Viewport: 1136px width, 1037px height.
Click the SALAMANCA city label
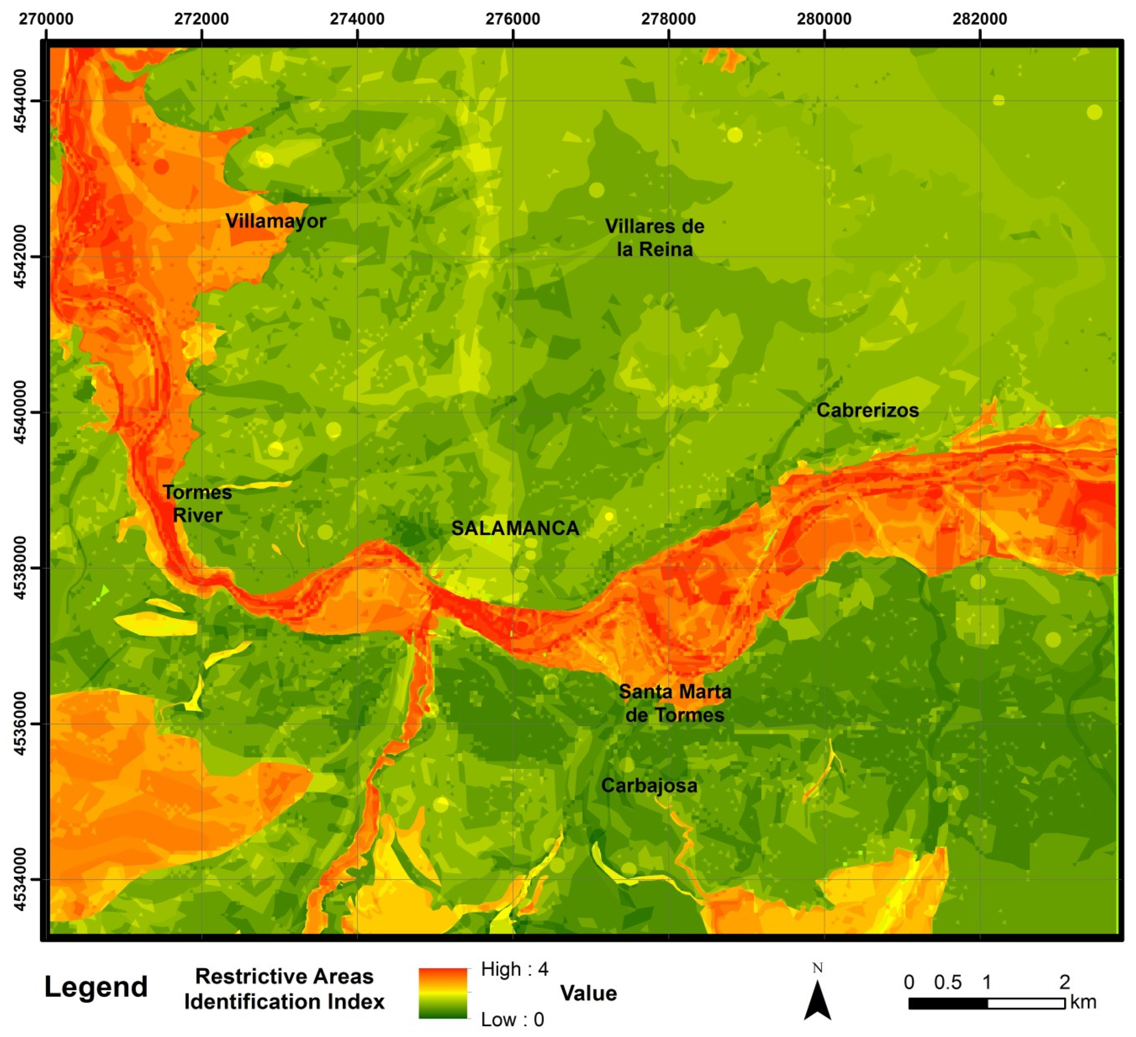(515, 528)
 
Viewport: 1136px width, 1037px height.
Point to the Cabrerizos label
(867, 410)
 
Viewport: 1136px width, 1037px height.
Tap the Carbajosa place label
(649, 785)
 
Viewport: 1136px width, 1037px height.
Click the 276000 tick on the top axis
(512, 19)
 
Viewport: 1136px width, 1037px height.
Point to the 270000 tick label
(46, 19)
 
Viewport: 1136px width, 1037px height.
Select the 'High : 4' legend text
(514, 969)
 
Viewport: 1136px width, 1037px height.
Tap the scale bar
(986, 1003)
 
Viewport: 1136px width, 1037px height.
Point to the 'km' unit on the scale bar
(1083, 1003)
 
